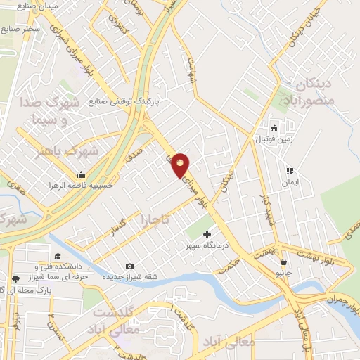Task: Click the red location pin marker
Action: (x=181, y=165)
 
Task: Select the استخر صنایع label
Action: (x=22, y=29)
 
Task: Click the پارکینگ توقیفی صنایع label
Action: (x=124, y=101)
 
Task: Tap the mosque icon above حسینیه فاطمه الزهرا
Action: (x=82, y=174)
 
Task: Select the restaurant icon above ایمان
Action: (x=289, y=171)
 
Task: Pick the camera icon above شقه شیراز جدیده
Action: (x=129, y=266)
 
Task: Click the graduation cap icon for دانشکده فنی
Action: (x=57, y=257)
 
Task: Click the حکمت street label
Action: (x=230, y=265)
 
